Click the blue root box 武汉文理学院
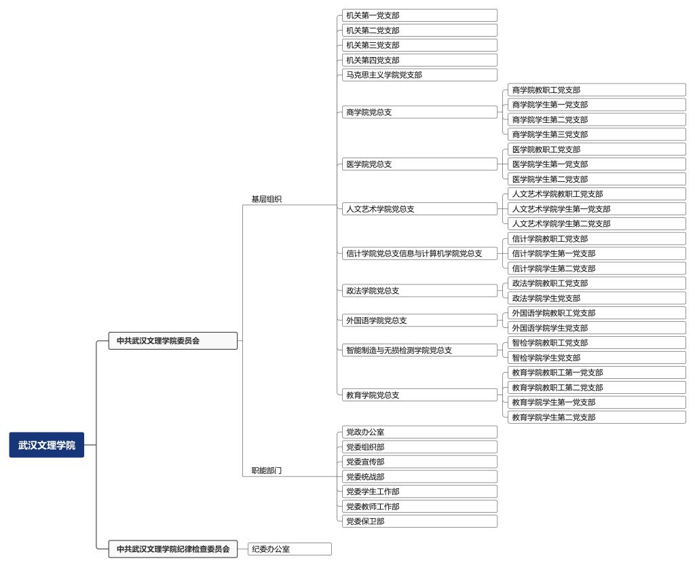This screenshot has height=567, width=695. (47, 445)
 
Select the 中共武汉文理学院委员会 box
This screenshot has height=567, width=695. (173, 340)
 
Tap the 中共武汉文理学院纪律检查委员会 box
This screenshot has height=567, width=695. (173, 549)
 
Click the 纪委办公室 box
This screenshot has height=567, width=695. (289, 549)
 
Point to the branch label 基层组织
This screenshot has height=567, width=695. (266, 199)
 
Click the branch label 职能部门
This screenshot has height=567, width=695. (266, 471)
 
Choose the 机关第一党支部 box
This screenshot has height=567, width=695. (419, 15)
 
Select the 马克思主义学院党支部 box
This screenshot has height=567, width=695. (419, 75)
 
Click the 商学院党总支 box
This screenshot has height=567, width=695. (419, 112)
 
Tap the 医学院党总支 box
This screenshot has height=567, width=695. (419, 164)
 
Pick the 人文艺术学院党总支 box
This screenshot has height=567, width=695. (419, 208)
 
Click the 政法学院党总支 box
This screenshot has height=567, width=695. (419, 291)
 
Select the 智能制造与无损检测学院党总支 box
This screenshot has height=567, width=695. (419, 350)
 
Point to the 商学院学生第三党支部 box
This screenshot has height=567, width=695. (597, 134)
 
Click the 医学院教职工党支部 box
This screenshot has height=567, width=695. (597, 149)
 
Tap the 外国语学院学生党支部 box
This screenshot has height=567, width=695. (597, 328)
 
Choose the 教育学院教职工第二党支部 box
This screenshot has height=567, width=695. (597, 388)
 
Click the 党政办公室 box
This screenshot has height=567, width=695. (419, 432)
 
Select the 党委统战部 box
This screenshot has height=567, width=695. (419, 477)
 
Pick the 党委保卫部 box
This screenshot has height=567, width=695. (419, 521)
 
